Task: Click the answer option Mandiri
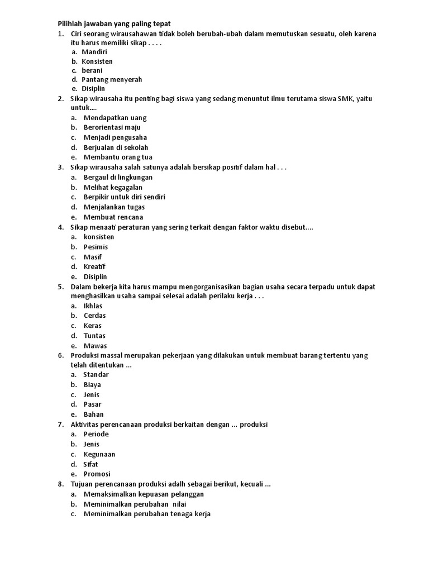click(x=94, y=51)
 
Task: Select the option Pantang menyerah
click(x=112, y=79)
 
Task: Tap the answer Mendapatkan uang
click(x=115, y=118)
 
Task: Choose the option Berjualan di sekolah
click(x=116, y=147)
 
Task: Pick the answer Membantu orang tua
click(x=118, y=157)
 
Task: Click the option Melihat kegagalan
click(x=113, y=187)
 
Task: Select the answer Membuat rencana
click(x=113, y=217)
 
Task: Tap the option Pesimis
click(x=96, y=246)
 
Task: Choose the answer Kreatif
click(x=95, y=266)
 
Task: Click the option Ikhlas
click(x=93, y=306)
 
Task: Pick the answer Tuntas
click(x=94, y=336)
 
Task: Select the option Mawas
click(x=95, y=346)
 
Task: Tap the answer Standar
click(x=96, y=374)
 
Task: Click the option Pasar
click(x=93, y=404)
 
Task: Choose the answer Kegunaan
click(x=99, y=454)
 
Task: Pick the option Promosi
click(x=97, y=474)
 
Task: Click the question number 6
click(x=60, y=355)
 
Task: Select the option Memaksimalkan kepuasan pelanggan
click(x=144, y=494)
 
